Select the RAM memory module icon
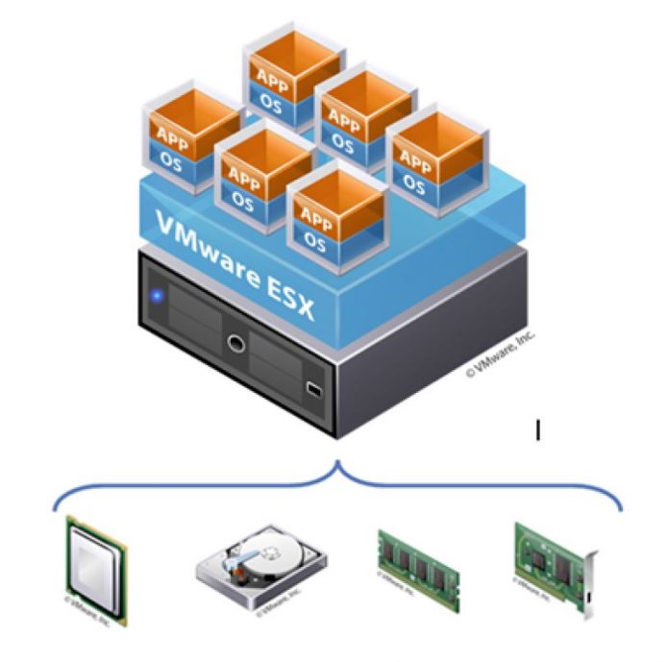tap(417, 568)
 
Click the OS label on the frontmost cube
tap(315, 243)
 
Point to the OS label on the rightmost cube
tap(415, 182)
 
